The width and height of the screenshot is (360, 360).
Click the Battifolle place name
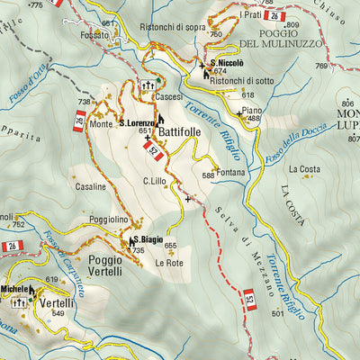[192, 131]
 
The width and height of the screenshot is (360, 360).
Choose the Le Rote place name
[168, 263]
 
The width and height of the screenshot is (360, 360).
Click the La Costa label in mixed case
[304, 168]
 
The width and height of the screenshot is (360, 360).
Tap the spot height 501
[276, 313]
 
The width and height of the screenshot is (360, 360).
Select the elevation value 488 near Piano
[254, 118]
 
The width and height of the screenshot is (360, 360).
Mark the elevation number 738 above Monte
[85, 102]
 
